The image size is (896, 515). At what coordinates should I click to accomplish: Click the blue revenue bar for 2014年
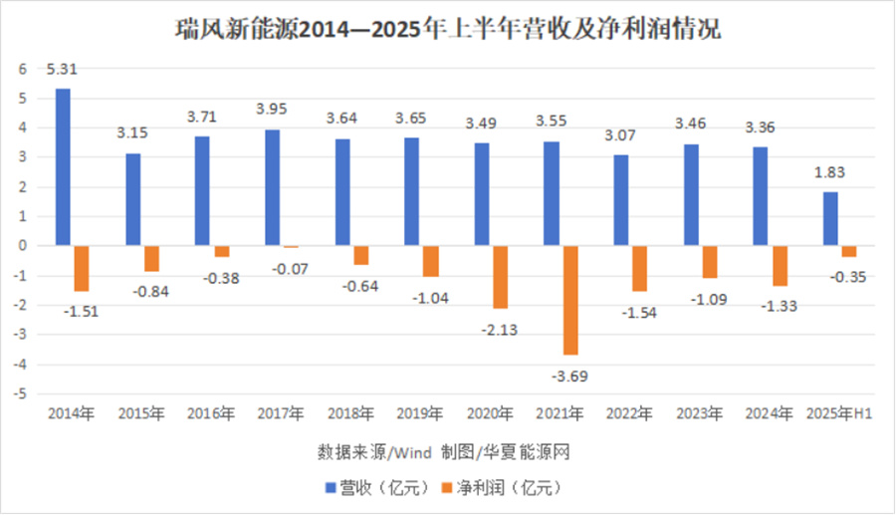63,167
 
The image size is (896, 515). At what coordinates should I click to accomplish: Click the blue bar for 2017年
273,187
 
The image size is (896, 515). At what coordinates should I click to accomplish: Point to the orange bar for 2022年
639,268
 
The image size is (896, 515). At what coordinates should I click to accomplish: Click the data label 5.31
62,70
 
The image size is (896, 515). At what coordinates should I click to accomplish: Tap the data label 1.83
831,173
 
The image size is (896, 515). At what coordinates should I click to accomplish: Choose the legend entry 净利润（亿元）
504,488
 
